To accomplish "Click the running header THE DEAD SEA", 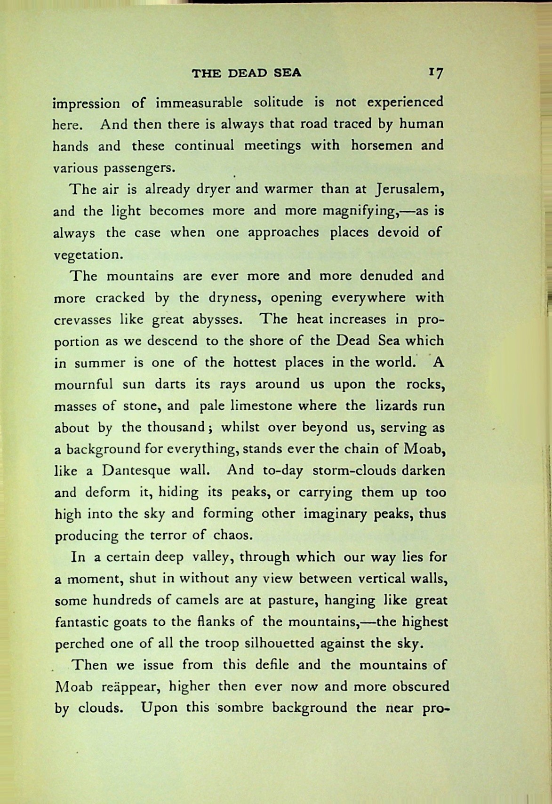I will click(x=247, y=73).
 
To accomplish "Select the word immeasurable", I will click(x=199, y=103).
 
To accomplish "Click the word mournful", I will click(x=84, y=384).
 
